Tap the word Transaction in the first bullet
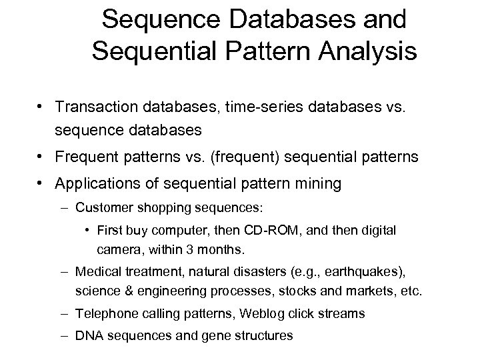click(97, 107)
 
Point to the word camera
click(117, 251)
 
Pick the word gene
click(216, 336)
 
